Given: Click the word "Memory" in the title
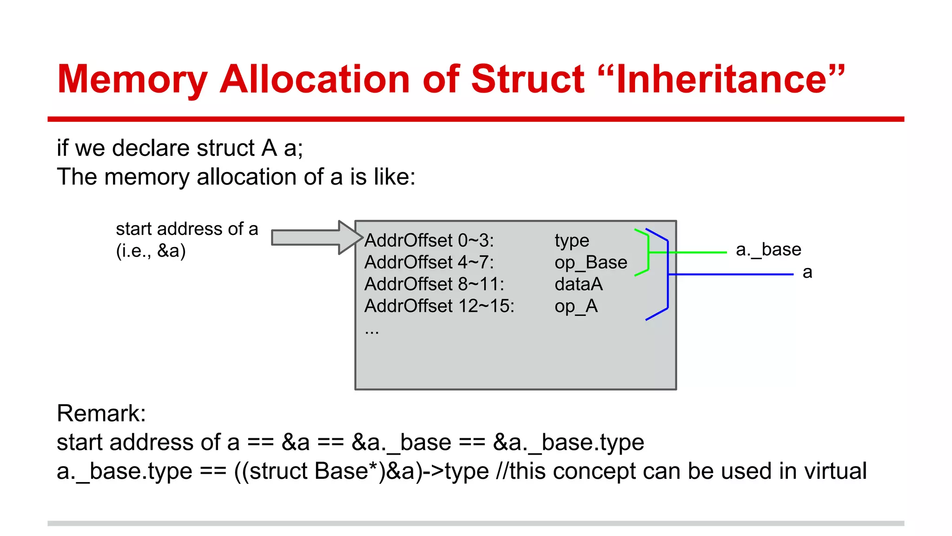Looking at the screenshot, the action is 132,80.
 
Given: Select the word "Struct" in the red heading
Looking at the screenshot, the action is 528,79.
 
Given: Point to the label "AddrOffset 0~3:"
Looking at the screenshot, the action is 429,241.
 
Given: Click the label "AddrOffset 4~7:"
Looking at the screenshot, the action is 429,262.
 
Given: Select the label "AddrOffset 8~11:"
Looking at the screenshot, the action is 434,284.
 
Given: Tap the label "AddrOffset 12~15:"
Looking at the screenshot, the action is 439,306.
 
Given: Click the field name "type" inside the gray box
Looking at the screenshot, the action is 572,241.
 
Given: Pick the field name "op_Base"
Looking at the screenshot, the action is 591,263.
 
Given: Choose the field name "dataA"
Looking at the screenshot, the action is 579,284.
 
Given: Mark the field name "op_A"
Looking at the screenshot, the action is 576,307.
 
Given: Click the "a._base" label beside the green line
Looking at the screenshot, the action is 768,250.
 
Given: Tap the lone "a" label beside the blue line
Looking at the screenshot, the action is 807,273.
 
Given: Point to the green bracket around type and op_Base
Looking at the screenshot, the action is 648,252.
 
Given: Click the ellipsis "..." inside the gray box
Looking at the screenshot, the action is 372,331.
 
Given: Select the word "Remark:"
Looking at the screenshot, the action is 101,413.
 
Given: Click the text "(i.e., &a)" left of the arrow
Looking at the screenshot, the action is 151,251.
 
